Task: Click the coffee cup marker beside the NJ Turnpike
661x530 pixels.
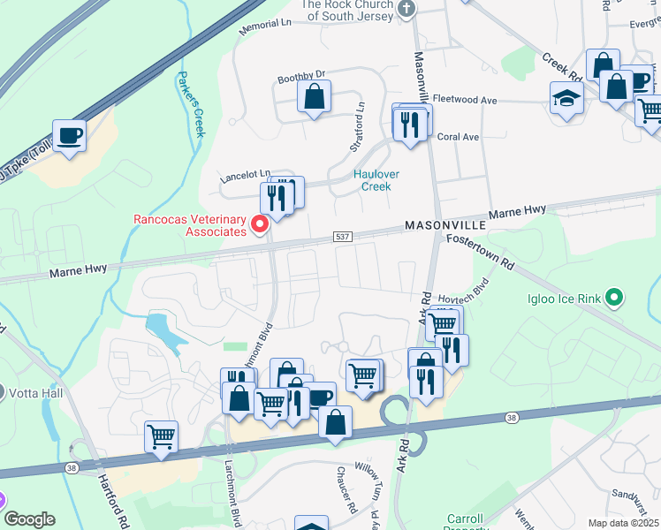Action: tap(69, 137)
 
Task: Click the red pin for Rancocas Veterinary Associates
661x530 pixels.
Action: tap(260, 224)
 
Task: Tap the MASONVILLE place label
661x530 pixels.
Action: tap(446, 226)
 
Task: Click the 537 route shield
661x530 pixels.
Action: tap(344, 237)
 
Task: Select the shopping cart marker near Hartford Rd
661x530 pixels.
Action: tap(161, 436)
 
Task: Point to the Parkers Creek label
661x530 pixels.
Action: tap(191, 104)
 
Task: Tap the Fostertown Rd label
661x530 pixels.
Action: tap(480, 252)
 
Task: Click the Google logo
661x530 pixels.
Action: tap(29, 519)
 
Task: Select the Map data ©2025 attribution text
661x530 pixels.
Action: tap(623, 523)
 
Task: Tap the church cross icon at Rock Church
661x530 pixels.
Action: tap(406, 9)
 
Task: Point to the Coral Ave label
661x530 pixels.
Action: tap(458, 137)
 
